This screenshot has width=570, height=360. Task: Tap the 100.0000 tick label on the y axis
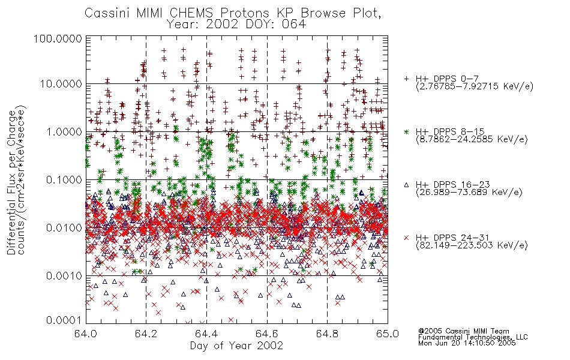pos(58,38)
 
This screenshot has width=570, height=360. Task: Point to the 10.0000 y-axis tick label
pos(61,84)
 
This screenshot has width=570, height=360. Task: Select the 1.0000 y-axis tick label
pos(64,131)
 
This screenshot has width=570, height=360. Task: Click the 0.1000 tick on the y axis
pos(64,179)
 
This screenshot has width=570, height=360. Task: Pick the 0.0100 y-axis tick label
pos(64,228)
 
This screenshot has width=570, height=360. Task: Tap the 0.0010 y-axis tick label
pos(64,276)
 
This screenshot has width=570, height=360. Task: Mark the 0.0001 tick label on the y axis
pos(64,320)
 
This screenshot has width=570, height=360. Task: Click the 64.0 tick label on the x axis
pos(86,334)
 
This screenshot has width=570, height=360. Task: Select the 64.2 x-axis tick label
pos(146,334)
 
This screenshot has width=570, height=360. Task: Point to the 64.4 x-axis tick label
pos(206,334)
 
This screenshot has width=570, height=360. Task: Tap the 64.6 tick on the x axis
pos(267,334)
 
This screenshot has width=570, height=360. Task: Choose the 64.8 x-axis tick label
pos(327,334)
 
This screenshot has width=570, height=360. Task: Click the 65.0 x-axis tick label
pos(388,334)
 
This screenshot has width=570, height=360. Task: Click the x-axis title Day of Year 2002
pos(236,346)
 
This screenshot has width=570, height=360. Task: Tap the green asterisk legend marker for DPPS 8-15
pos(406,132)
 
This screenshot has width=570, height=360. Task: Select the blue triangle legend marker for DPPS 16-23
pos(406,185)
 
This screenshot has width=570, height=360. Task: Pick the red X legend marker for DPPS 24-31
pos(406,238)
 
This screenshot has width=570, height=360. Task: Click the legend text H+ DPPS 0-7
pos(447,79)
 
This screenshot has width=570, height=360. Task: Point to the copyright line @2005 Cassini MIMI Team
pos(463,331)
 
